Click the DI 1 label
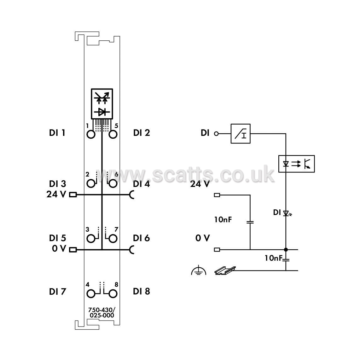(x=57, y=133)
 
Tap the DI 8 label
(x=142, y=291)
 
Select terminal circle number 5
(x=113, y=134)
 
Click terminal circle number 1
(x=91, y=134)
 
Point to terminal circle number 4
(x=91, y=294)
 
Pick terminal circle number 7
(x=113, y=239)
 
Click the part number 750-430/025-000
(x=102, y=312)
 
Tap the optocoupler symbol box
(x=296, y=164)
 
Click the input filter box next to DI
(x=241, y=134)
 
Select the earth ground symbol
(x=199, y=270)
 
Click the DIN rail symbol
(x=225, y=270)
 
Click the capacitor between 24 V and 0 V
(x=250, y=222)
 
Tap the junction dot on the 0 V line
(x=286, y=250)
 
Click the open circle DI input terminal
(x=216, y=134)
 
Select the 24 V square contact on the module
(x=73, y=195)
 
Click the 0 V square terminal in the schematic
(x=217, y=250)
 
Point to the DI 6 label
(x=142, y=238)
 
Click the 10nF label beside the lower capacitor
(x=273, y=258)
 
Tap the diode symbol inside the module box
(x=102, y=112)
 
